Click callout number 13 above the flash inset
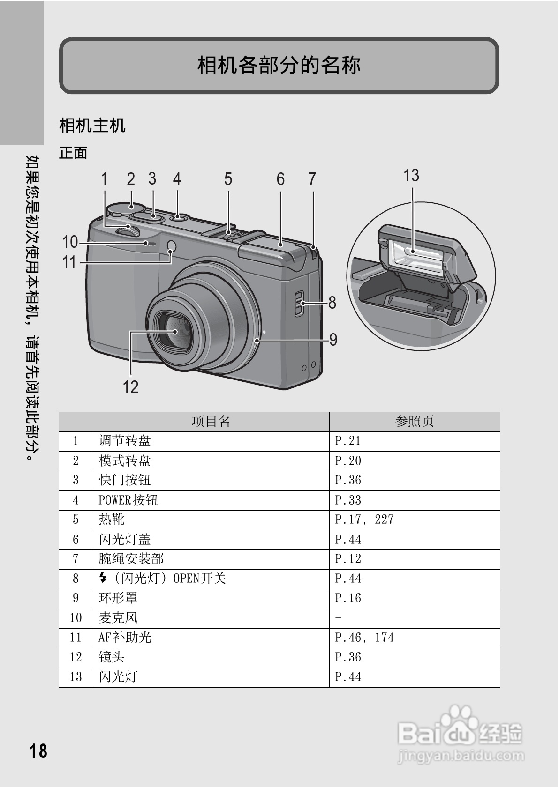tap(411, 176)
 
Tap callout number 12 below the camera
tap(130, 387)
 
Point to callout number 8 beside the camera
tap(332, 303)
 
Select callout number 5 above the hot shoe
tap(228, 179)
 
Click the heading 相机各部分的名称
tap(279, 65)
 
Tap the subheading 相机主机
tap(92, 126)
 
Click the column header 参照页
tap(414, 422)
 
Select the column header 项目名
tap(211, 422)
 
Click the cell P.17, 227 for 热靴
tap(364, 520)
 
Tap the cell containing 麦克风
tap(118, 618)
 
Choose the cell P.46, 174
tap(364, 638)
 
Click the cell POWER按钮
tap(128, 500)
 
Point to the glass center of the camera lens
tap(174, 332)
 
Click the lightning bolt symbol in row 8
tap(103, 578)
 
